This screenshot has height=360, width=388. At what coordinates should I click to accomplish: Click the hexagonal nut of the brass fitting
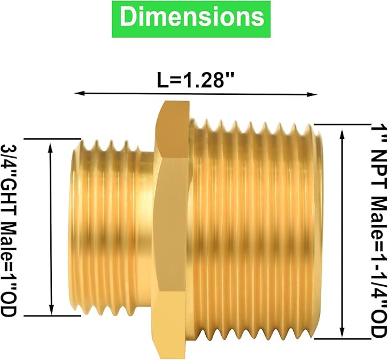point(171,229)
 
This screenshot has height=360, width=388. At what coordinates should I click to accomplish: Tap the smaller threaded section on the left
point(106,229)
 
